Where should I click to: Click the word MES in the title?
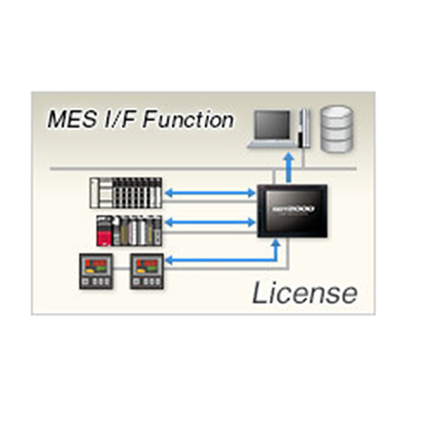point(66,120)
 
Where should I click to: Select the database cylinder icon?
point(337,129)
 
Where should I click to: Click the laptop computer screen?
point(272,125)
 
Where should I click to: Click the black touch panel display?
point(292,210)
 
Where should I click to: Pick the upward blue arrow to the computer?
point(289,167)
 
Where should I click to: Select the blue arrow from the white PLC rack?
point(209,193)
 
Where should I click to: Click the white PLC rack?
point(126,192)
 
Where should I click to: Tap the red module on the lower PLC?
point(104,237)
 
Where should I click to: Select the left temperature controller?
point(96,271)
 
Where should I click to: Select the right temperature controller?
point(146,271)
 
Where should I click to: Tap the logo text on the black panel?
point(293,208)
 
